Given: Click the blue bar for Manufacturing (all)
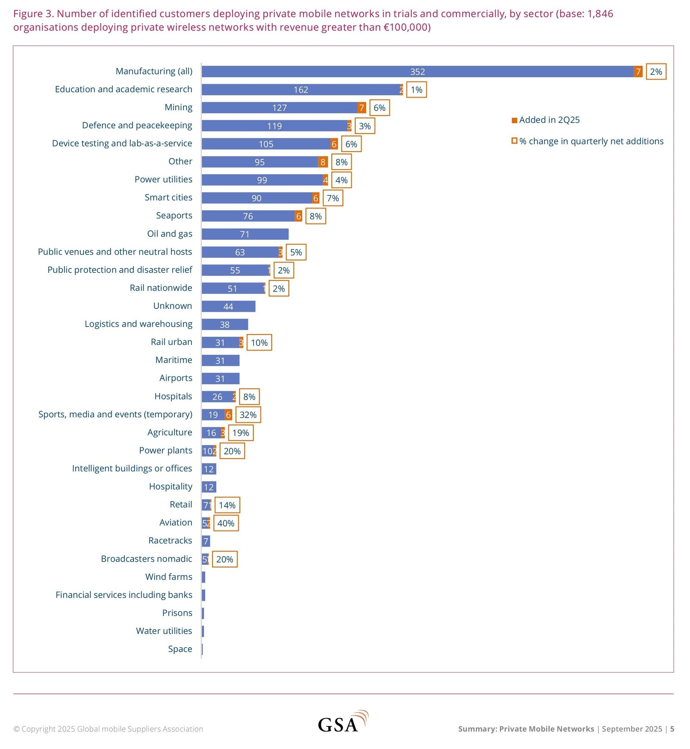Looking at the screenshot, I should (x=417, y=72).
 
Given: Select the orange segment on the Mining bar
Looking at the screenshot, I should (x=362, y=108).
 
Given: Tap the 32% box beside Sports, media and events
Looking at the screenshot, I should (x=248, y=415).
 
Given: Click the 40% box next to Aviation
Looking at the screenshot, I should (x=226, y=523).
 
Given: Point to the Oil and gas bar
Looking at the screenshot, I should (x=245, y=234).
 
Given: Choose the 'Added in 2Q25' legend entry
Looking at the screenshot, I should (x=546, y=120).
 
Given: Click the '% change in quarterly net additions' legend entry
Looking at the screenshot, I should (x=587, y=141).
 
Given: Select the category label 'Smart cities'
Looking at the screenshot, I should (x=169, y=198).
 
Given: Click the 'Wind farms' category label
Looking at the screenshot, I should (x=169, y=577).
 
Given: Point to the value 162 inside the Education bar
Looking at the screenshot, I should (x=300, y=90).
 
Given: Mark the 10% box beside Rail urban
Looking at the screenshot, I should (x=259, y=343).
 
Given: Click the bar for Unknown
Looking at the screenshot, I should (x=229, y=307).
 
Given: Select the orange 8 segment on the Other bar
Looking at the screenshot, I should (x=323, y=162).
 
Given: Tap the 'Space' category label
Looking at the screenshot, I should (x=180, y=649).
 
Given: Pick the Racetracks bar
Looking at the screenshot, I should (x=206, y=541).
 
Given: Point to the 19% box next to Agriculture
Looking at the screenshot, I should (x=240, y=433).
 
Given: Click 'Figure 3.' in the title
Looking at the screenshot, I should (x=34, y=14).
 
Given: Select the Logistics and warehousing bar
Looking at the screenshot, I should (x=225, y=325).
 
